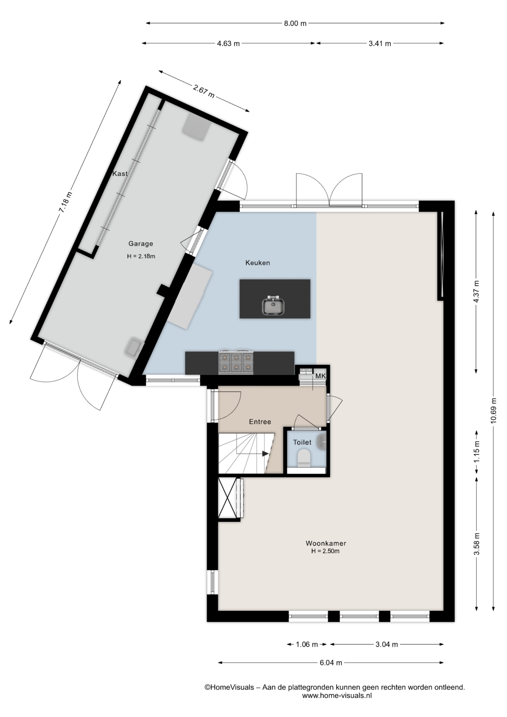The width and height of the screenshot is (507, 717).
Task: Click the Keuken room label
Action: (258, 263)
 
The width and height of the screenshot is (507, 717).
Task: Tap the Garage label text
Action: (141, 244)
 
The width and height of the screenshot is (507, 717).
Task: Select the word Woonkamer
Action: (326, 543)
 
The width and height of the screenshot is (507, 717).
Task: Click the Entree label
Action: (260, 422)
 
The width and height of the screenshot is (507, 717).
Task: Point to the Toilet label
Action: (302, 442)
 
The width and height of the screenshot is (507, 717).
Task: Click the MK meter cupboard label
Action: (320, 376)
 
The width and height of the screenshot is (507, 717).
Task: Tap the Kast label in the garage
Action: (120, 174)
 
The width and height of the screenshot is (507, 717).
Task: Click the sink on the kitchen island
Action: (274, 306)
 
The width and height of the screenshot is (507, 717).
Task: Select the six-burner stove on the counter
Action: (236, 362)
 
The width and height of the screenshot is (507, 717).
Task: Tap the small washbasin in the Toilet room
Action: (322, 442)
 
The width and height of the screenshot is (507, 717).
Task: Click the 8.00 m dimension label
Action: (295, 24)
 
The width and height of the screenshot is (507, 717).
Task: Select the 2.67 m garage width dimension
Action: (204, 91)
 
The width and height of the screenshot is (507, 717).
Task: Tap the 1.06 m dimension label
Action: (307, 644)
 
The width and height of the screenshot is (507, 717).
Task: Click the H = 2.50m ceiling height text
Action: (326, 551)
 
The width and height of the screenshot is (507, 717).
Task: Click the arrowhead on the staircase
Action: (265, 454)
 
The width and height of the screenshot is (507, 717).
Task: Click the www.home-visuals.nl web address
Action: (337, 695)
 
